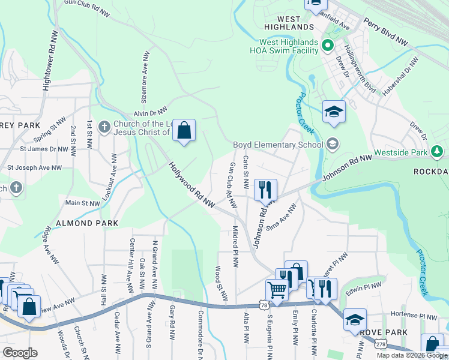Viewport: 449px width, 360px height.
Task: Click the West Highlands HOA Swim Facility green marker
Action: (328, 46)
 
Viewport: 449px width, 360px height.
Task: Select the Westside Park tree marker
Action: (439, 152)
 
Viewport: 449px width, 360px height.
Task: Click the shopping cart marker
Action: (277, 289)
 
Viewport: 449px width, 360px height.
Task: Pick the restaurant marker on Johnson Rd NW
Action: (265, 190)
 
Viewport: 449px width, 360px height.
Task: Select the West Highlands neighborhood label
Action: (289, 23)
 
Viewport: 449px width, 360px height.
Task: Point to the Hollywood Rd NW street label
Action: (191, 185)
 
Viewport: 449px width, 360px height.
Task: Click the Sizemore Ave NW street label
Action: (146, 74)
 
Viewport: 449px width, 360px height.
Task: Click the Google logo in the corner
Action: (20, 353)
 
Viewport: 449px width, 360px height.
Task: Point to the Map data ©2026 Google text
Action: (412, 355)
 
